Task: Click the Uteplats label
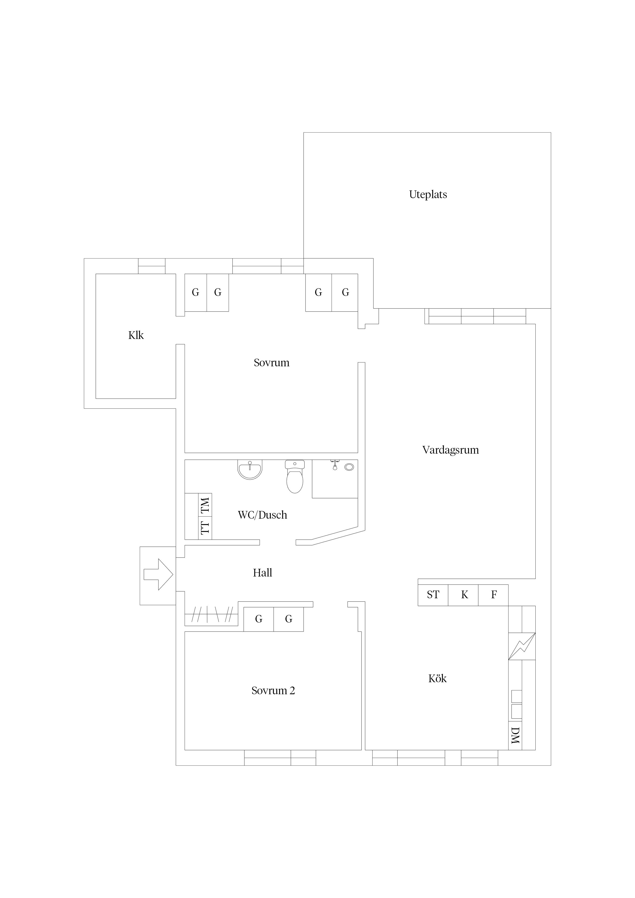[428, 194]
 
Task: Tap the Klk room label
[136, 335]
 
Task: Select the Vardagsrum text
[450, 450]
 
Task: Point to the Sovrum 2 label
[273, 690]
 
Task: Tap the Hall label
[262, 573]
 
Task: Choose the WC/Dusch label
[262, 515]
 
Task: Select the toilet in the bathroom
[295, 476]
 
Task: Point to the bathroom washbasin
[250, 469]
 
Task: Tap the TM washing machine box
[205, 505]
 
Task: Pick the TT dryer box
[205, 528]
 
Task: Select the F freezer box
[493, 595]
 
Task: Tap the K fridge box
[463, 595]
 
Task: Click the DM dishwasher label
[515, 735]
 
